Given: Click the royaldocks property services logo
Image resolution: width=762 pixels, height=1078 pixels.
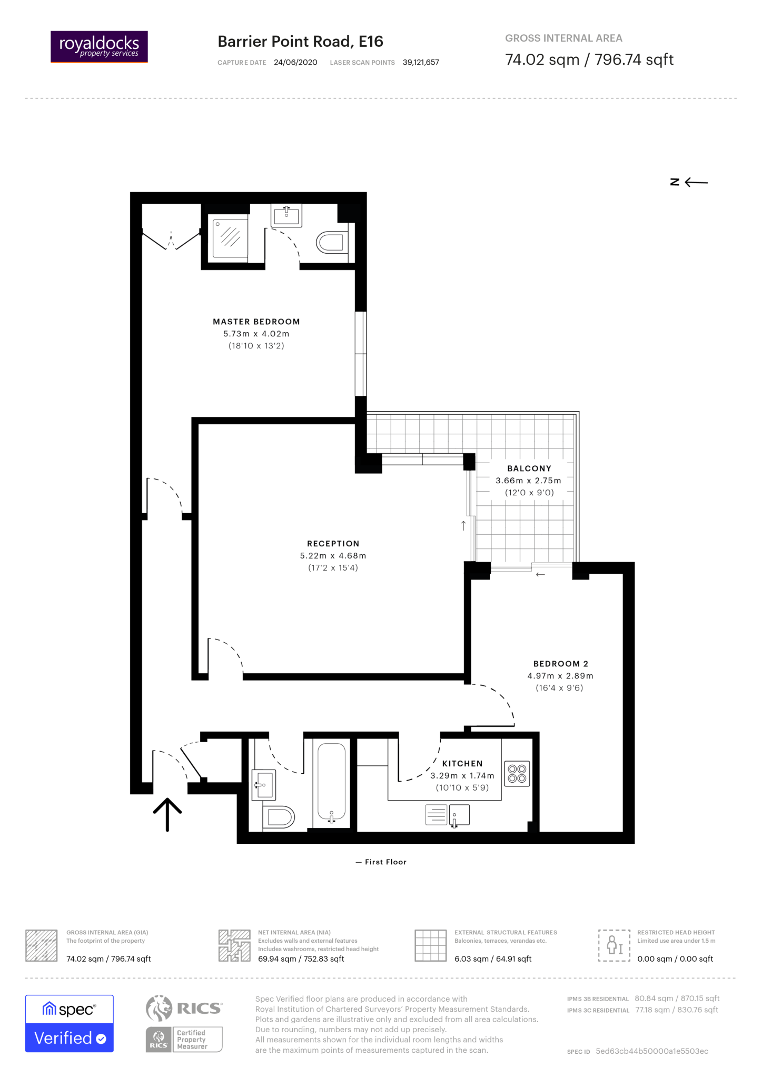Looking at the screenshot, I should [x=99, y=47].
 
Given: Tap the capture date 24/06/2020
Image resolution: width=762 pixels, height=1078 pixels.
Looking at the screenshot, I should [x=295, y=62].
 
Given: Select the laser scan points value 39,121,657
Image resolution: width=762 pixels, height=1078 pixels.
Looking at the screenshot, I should [x=421, y=62].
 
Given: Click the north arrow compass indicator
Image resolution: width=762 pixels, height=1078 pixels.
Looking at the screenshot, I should [x=689, y=182].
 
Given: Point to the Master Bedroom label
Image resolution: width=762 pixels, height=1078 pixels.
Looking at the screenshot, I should [x=256, y=322].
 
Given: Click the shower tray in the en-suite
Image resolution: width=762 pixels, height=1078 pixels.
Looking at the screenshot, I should [x=230, y=238].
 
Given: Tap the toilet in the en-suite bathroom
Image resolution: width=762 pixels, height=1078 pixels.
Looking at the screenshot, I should [x=331, y=243].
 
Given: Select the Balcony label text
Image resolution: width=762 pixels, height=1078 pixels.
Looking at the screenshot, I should [x=529, y=468].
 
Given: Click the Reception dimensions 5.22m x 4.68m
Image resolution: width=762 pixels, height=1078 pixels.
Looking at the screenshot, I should [x=333, y=556].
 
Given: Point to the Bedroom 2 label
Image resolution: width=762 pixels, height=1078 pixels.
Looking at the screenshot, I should [x=561, y=664].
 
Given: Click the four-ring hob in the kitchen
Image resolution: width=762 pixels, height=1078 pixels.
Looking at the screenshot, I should [x=517, y=774].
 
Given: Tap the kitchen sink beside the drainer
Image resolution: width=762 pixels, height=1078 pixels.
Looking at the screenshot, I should [x=459, y=815].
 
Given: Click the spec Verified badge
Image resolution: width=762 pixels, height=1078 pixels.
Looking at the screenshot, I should [x=70, y=1024].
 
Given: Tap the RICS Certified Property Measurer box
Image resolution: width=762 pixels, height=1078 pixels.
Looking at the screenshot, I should [x=184, y=1040].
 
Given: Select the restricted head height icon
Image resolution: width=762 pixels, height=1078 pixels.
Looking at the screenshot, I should [x=614, y=945].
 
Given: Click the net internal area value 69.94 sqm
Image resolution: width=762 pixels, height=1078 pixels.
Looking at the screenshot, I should [x=301, y=959].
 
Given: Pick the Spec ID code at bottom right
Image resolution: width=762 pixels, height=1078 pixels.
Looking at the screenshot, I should [x=652, y=1051].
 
